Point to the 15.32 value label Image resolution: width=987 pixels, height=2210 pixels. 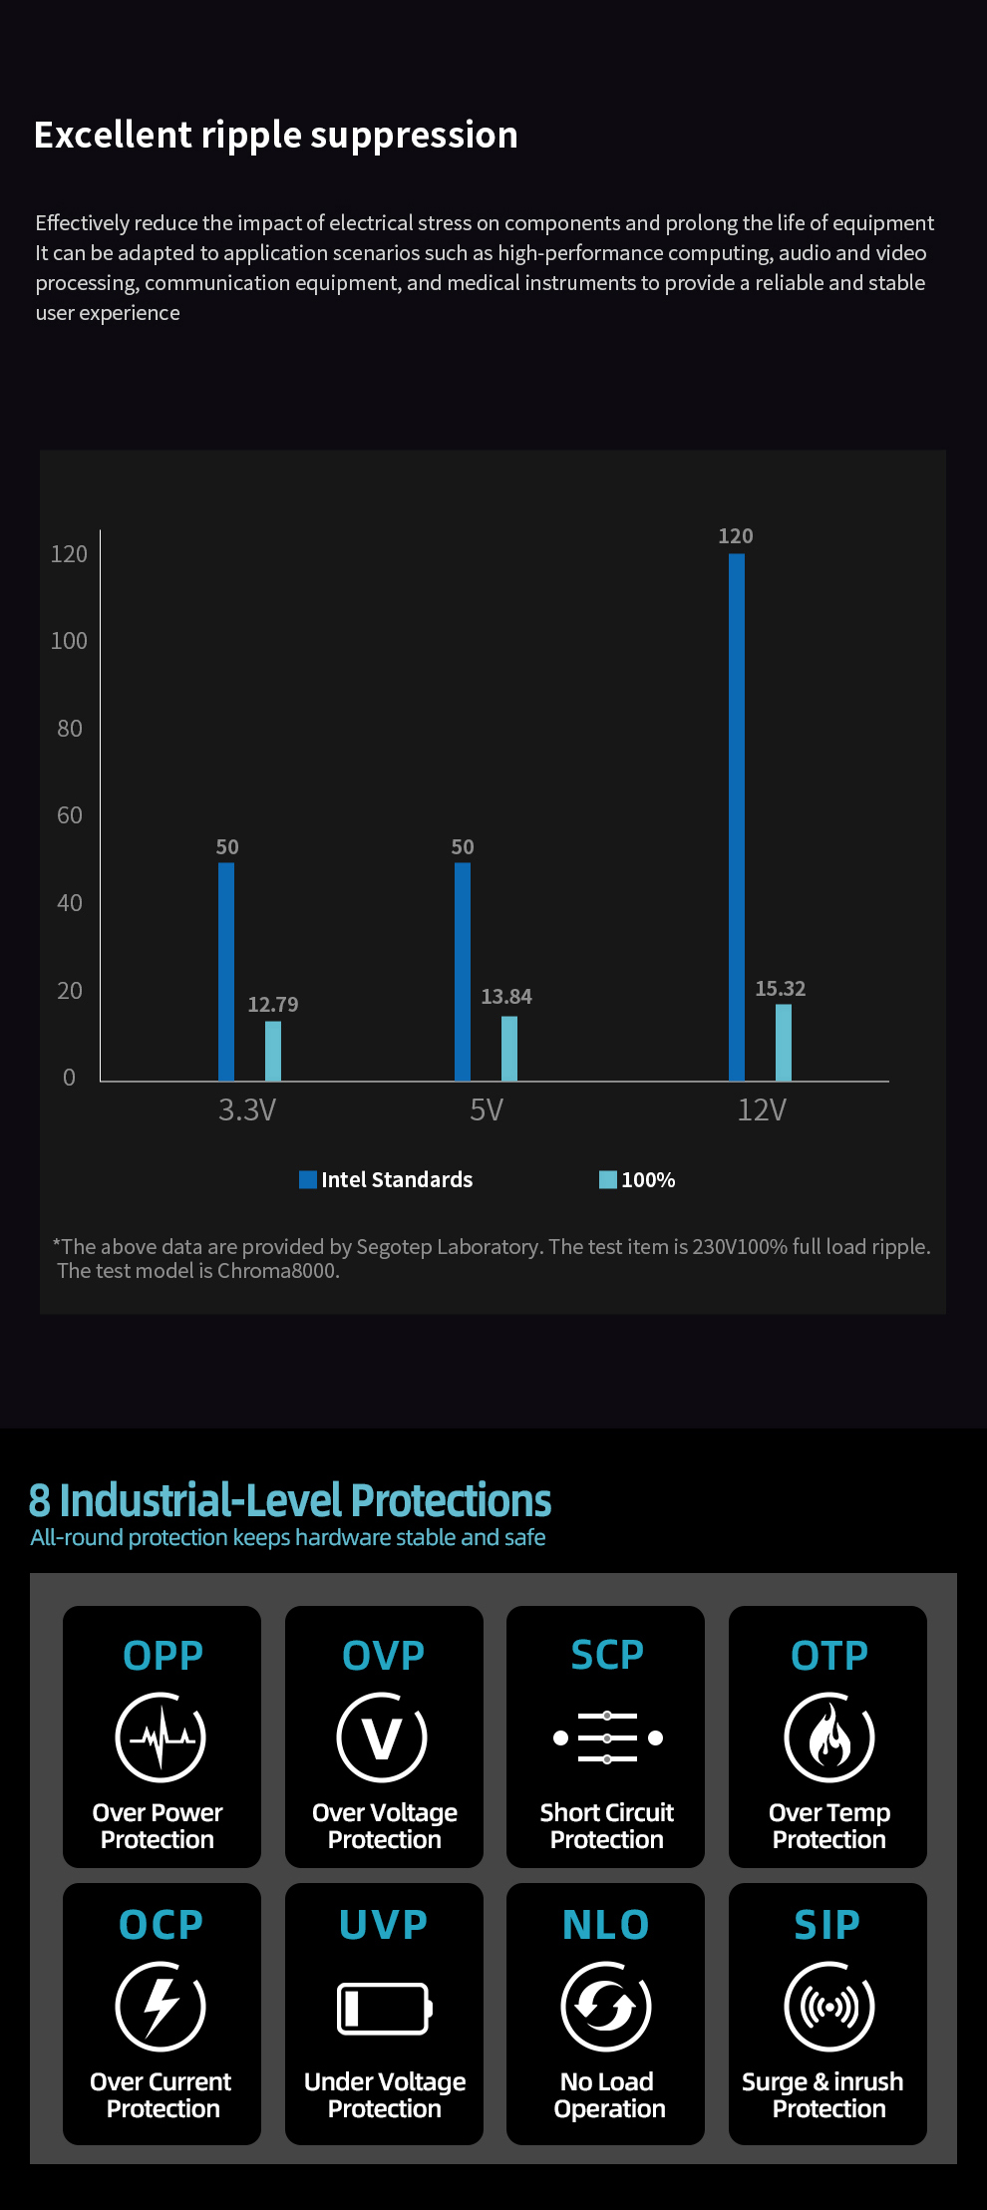tap(780, 989)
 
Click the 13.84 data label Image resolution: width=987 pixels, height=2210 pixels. tap(506, 997)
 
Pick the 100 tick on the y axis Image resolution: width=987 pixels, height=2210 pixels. tap(69, 641)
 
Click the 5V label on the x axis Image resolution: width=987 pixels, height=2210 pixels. tap(487, 1110)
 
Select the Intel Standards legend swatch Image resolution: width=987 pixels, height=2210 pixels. tap(308, 1180)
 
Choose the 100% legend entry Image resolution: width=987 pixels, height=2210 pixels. tap(638, 1180)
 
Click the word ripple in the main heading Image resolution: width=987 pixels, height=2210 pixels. tap(261, 136)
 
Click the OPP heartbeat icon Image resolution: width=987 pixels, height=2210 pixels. tap(161, 1737)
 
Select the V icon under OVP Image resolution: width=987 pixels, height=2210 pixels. tap(383, 1737)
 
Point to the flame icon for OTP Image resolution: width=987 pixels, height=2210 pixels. tap(828, 1737)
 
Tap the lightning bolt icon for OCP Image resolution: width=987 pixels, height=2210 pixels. tap(161, 2007)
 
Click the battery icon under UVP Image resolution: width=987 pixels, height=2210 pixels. tap(384, 2008)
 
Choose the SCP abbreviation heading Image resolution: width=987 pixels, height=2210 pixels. tap(606, 1656)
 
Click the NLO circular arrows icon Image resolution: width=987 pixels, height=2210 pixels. tap(606, 2007)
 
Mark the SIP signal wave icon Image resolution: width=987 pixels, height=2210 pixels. tap(828, 2007)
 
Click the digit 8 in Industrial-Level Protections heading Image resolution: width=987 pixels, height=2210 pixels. tap(39, 1501)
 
